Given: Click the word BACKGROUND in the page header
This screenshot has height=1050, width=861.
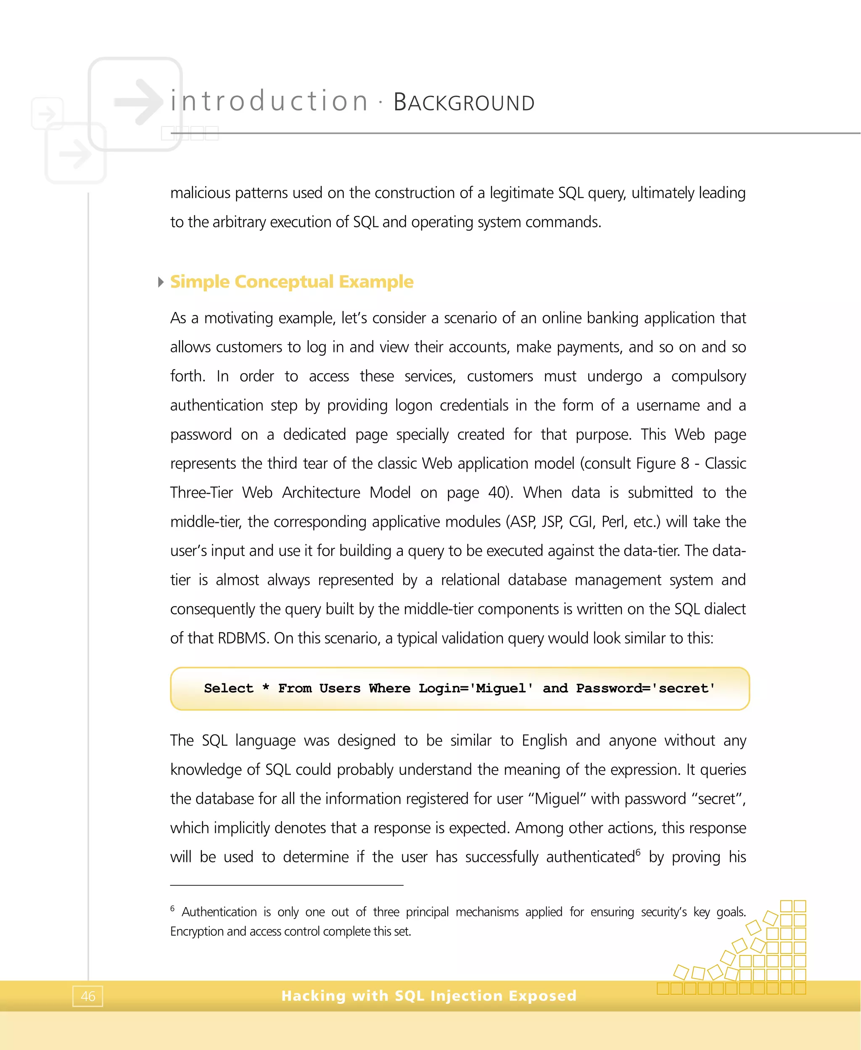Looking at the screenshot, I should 464,102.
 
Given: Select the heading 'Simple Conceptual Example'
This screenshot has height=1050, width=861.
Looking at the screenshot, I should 292,281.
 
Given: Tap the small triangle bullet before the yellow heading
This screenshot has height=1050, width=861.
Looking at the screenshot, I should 160,282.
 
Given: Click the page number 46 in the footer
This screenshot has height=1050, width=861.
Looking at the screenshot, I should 88,996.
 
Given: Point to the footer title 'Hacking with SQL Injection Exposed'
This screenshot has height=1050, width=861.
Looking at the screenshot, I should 429,995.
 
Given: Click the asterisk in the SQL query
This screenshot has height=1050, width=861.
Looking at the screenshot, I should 266,688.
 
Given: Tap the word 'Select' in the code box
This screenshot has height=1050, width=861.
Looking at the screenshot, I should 229,688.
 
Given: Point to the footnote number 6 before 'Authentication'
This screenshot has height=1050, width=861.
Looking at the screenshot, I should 173,908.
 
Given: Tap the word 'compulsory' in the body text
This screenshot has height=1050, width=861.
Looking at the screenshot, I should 708,376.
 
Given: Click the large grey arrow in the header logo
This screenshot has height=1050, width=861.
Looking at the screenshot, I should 139,102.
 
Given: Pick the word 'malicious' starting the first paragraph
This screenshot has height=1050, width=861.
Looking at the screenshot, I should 200,193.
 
